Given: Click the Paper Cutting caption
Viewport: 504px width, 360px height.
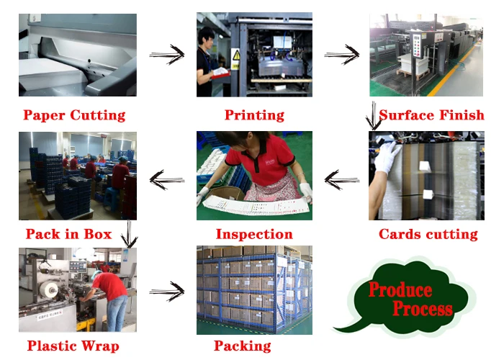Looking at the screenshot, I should point(74,115).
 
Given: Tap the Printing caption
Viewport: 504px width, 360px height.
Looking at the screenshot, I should point(254,115).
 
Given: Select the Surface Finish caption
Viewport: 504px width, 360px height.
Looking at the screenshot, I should point(431,115).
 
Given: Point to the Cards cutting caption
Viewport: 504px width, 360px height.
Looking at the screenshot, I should point(428,234).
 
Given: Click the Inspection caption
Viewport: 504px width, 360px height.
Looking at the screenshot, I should point(254,234).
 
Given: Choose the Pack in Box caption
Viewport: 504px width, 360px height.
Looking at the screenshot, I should point(68,234).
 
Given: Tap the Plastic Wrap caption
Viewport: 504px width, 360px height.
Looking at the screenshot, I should point(73,346).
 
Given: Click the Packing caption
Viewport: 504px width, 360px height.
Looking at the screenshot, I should point(243,346).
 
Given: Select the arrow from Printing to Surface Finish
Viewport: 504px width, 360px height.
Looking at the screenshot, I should point(341,54).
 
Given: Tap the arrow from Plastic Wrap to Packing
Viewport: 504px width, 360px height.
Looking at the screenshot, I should point(167,292).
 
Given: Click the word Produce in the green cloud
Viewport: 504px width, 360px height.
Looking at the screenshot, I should point(400,291).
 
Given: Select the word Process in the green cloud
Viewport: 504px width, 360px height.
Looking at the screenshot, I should point(423,310).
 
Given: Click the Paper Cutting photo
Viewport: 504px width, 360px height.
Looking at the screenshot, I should point(77,55).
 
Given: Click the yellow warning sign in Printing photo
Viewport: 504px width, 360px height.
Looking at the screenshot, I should point(235,55).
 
